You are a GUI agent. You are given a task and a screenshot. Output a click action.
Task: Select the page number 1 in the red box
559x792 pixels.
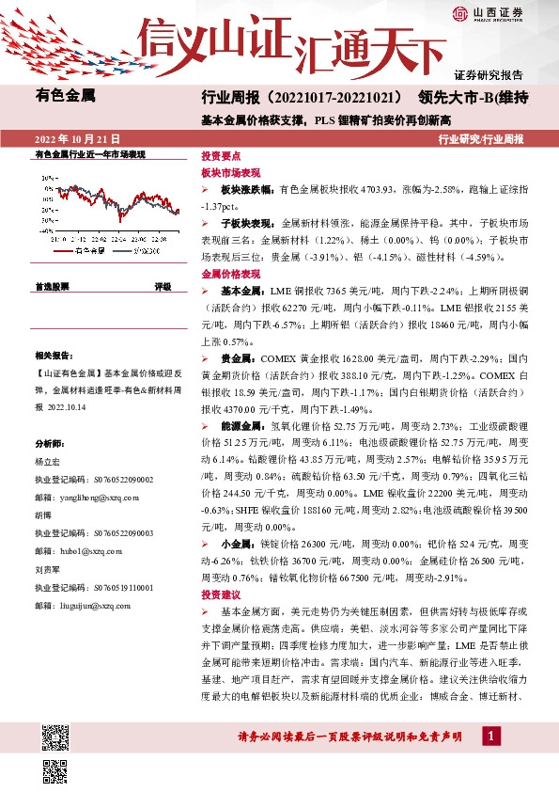[489, 735]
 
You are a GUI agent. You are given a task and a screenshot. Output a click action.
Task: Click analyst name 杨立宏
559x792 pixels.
[46, 463]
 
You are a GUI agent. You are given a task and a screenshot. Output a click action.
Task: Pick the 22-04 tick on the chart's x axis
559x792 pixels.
[117, 241]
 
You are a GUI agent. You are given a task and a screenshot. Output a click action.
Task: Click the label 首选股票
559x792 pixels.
[52, 286]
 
